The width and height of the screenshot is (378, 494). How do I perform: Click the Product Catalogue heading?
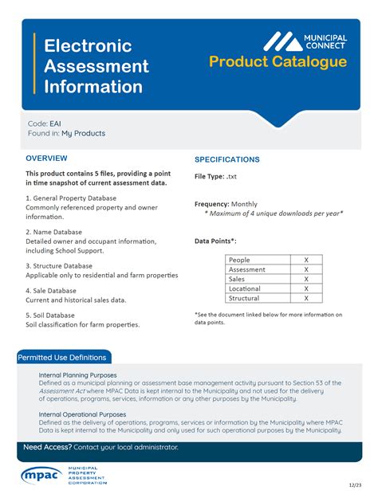click(278, 62)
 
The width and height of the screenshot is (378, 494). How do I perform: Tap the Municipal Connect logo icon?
click(283, 41)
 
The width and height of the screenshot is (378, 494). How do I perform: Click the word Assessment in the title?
click(96, 66)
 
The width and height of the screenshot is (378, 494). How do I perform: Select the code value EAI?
click(56, 123)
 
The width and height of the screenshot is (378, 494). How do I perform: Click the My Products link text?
click(83, 134)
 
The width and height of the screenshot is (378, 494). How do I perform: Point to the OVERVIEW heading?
click(46, 159)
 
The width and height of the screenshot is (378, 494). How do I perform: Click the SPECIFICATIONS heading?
click(227, 159)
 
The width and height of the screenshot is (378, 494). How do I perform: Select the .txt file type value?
click(232, 176)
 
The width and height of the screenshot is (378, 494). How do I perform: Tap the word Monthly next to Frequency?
click(245, 204)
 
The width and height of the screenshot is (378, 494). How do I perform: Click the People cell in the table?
click(239, 260)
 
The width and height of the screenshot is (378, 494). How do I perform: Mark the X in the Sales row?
click(306, 279)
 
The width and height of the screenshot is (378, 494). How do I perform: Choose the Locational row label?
click(245, 288)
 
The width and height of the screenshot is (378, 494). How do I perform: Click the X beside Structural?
click(306, 298)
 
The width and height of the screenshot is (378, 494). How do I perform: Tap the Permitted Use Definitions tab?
click(64, 358)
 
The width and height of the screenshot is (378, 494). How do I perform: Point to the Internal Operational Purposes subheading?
click(82, 414)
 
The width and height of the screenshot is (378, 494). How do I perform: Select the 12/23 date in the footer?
click(354, 484)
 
